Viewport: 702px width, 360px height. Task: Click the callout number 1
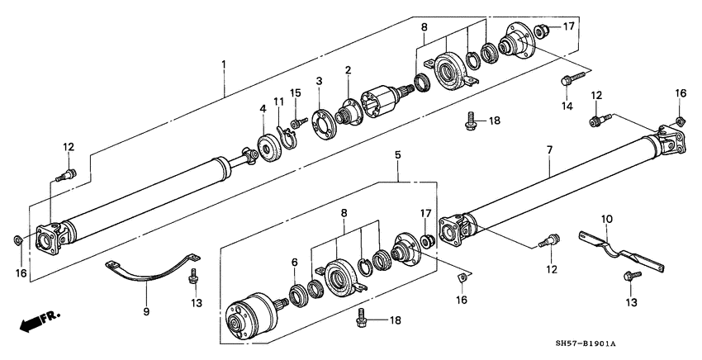coord(223,64)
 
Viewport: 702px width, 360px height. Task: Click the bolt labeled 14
coord(569,82)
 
